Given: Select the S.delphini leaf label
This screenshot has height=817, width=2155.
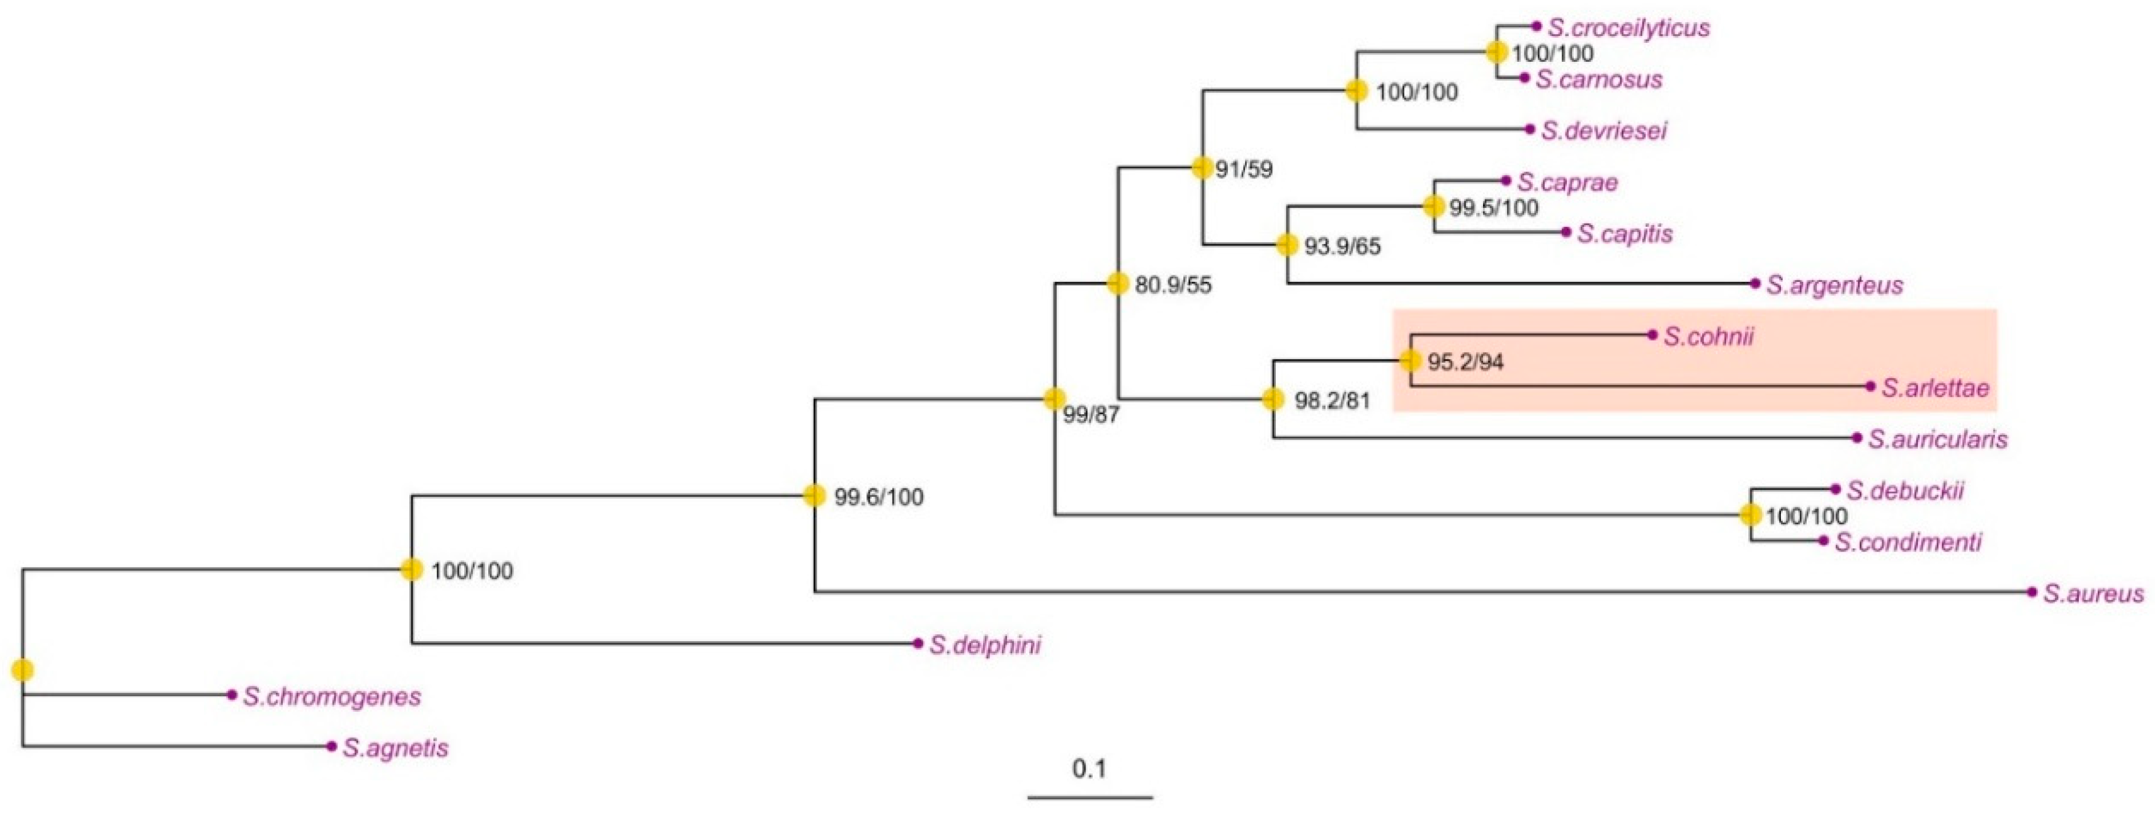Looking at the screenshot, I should pos(985,644).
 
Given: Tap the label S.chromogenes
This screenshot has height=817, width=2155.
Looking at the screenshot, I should pos(332,697).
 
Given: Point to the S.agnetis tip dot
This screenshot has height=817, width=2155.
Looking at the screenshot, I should pos(332,746).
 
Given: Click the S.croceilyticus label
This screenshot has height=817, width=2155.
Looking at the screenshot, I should pos(1628,28).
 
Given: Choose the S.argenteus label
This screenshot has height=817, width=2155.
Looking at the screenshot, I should pos(1834,286).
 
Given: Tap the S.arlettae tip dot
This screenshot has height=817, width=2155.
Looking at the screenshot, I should pos(1870,386).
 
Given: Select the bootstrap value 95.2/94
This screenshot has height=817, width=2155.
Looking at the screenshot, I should pos(1465,362).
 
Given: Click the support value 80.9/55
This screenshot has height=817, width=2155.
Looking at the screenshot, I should pos(1173,286).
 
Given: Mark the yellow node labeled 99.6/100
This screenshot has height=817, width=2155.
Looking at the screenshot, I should pos(814,495).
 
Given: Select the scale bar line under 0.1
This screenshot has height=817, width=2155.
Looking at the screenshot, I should pos(1090,797).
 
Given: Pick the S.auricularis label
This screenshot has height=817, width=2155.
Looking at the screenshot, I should pos(1938,439).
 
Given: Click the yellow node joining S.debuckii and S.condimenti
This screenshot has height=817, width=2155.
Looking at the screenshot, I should pos(1750,515).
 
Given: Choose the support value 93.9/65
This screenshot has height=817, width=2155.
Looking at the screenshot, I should pos(1343,247).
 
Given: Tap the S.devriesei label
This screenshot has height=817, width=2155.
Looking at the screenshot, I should pos(1604,130).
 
